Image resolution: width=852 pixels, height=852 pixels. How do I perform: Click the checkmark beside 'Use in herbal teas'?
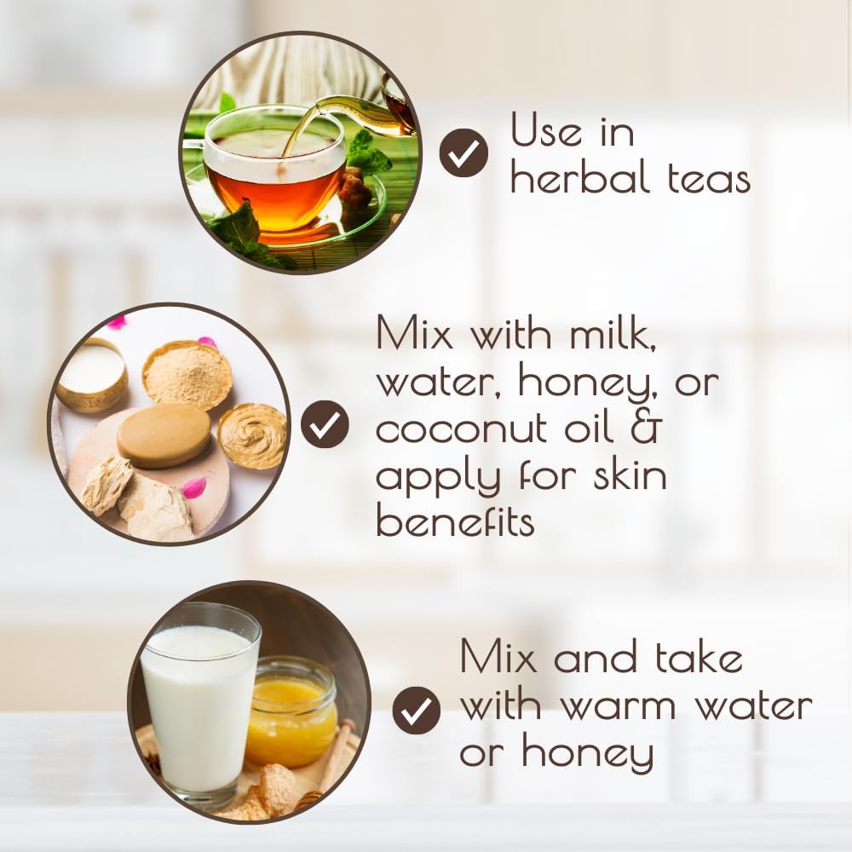pos(463,153)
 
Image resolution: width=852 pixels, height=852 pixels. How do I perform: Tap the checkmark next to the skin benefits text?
pos(325,424)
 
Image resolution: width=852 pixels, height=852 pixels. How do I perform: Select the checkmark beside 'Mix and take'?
pos(417,711)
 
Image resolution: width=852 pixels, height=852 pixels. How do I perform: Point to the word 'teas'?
pos(709,178)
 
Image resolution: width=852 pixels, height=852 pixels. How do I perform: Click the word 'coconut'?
pos(461,429)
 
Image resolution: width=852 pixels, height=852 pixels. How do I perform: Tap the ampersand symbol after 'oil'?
pos(646,425)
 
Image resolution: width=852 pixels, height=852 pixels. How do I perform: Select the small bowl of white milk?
pos(91,374)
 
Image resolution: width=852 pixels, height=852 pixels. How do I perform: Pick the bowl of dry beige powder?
pos(187,374)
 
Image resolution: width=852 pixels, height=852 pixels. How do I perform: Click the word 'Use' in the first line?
pos(546,130)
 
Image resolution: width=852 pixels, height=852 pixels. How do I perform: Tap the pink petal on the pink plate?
pos(193,487)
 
